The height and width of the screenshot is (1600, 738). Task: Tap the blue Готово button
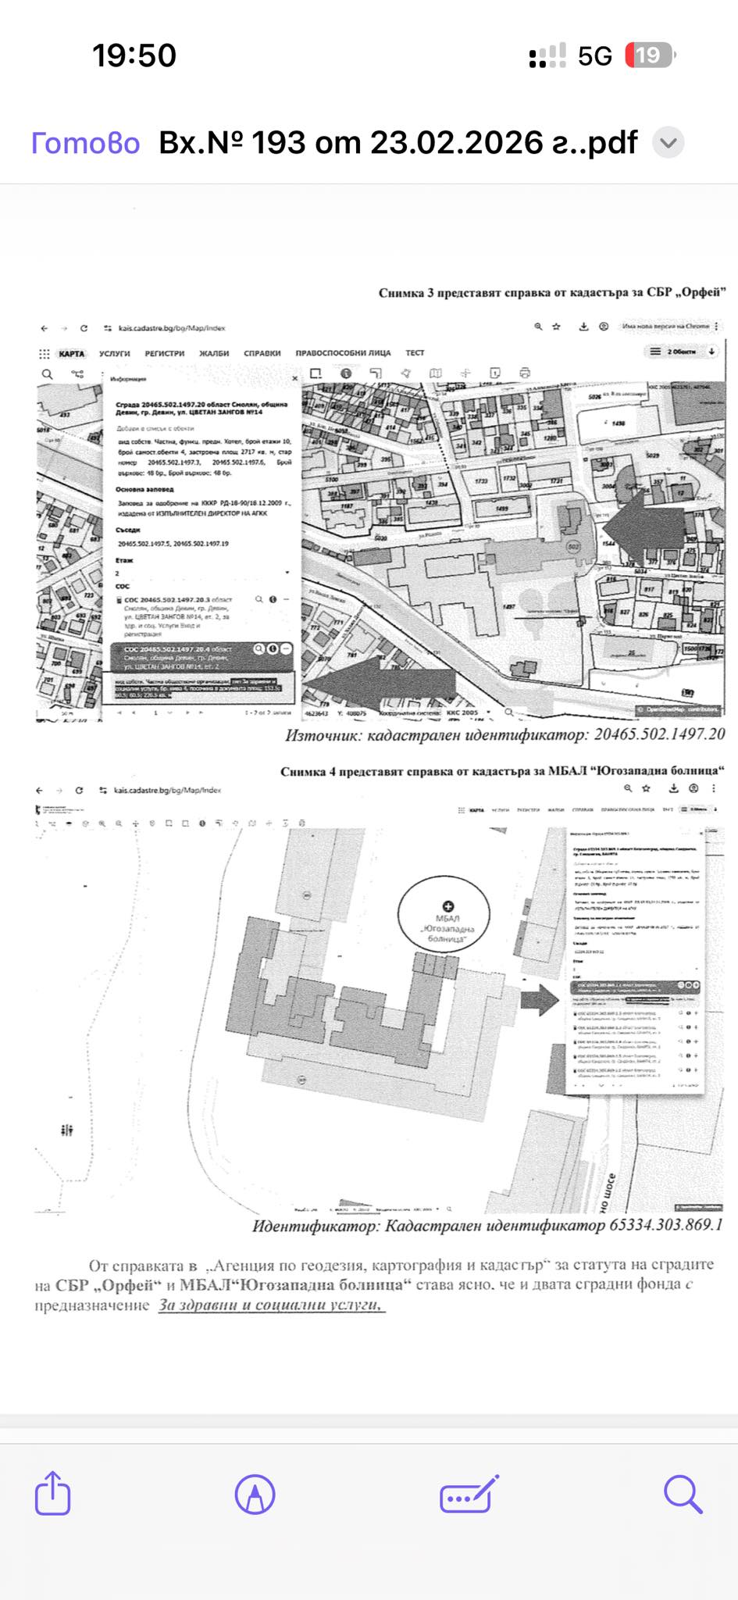[x=85, y=143]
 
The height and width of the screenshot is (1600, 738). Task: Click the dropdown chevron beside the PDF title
[x=668, y=143]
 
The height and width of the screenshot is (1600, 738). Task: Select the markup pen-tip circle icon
[x=255, y=1495]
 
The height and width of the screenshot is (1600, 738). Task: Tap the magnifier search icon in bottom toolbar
[x=683, y=1495]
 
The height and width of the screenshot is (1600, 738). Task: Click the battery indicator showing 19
[x=649, y=55]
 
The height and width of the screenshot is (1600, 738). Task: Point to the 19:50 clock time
[x=134, y=55]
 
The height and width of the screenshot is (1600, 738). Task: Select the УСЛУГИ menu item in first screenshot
[x=115, y=354]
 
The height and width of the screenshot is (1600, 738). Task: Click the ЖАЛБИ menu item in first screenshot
[x=213, y=354]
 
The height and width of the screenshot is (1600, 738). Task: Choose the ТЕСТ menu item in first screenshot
[x=415, y=353]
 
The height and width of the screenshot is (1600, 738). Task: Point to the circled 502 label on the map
[x=574, y=547]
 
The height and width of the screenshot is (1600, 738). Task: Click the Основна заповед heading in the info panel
[x=144, y=490]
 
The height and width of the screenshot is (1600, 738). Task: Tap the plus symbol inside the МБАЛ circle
[x=447, y=906]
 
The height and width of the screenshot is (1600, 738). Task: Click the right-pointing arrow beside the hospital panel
[x=540, y=1000]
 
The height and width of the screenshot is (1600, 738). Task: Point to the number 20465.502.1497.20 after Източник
[x=659, y=734]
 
